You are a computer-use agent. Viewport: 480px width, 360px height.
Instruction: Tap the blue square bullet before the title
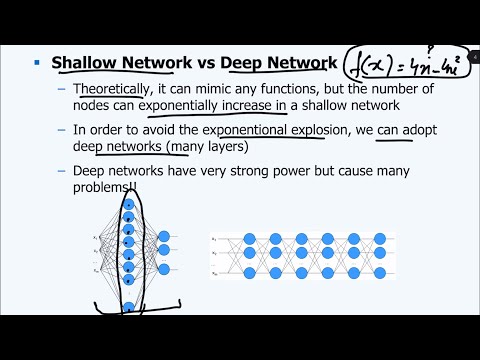pos(37,63)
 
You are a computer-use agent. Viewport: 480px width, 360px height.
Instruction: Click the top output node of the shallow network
pos(164,237)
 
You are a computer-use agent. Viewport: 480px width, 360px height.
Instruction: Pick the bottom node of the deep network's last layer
pos(379,274)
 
